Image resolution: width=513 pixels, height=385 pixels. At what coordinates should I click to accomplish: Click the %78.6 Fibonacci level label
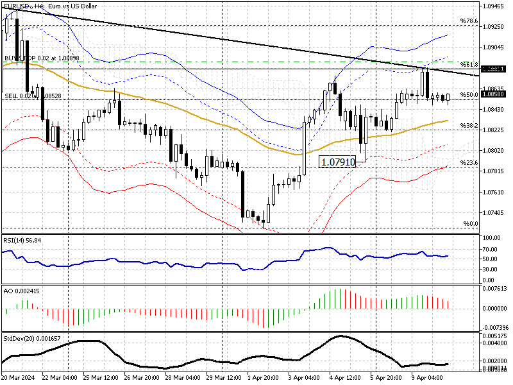pos(470,21)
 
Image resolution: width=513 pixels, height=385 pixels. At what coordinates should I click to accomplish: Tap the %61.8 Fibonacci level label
pos(470,65)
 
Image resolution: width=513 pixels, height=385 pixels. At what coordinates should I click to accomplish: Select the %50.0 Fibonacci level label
pos(470,95)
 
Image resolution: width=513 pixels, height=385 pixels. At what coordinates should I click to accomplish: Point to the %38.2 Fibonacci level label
pos(470,126)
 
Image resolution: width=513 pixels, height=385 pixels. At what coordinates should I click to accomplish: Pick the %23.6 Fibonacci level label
pos(470,163)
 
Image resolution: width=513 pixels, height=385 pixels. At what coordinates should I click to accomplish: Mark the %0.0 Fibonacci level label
pos(471,224)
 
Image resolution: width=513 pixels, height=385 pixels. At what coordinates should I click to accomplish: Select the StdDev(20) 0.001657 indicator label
pos(29,338)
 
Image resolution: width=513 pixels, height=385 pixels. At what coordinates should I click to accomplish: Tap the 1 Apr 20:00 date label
pos(264,379)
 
